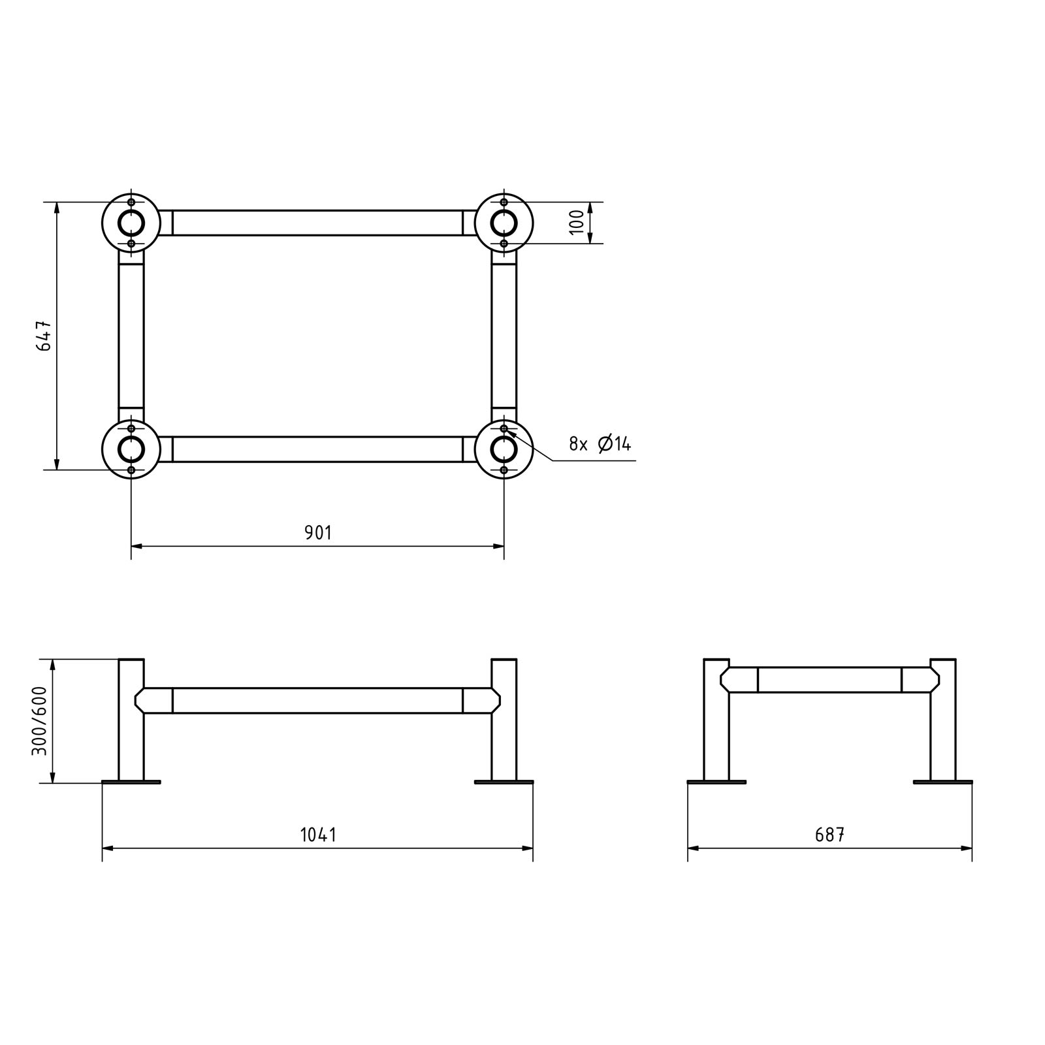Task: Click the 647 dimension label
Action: [x=44, y=336]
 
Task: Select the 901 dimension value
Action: [x=318, y=533]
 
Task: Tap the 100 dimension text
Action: [x=576, y=223]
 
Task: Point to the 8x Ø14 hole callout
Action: [x=600, y=444]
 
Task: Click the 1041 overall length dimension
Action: [x=318, y=835]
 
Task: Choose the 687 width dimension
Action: [x=829, y=835]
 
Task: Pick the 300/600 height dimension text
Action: [x=40, y=720]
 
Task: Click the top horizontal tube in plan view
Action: [x=318, y=223]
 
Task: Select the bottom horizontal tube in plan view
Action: [x=318, y=449]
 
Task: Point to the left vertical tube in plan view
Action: [x=131, y=336]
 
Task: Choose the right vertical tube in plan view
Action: [x=504, y=336]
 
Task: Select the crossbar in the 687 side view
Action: [x=829, y=679]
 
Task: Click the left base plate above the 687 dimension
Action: [x=716, y=782]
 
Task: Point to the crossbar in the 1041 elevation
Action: [x=318, y=700]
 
